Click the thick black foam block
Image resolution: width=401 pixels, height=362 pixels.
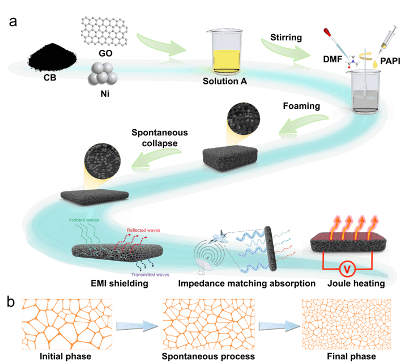coord(229,158)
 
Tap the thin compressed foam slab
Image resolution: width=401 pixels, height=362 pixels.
coord(95,195)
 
